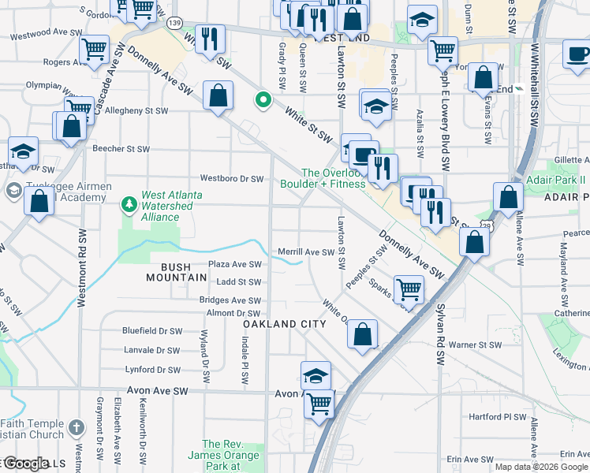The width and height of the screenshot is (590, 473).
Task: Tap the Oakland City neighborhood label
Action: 284,324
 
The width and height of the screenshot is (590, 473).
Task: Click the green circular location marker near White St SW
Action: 263,101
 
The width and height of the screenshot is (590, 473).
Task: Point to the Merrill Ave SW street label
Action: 308,252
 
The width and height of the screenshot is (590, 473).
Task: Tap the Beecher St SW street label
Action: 121,148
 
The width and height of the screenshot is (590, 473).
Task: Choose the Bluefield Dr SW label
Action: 152,332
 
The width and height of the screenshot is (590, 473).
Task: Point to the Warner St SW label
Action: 476,345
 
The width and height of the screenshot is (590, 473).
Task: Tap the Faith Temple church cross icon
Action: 76,427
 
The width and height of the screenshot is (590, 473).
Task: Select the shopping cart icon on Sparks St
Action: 409,289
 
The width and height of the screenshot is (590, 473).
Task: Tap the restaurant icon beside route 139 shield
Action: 210,38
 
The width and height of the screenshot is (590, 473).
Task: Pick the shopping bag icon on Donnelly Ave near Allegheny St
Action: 218,96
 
